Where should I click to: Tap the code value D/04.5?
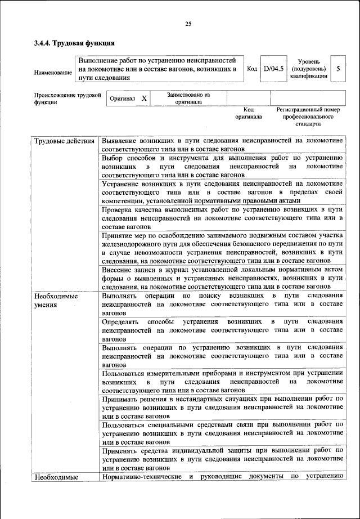point(273,69)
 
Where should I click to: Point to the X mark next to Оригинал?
point(144,99)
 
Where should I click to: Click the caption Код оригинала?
point(249,114)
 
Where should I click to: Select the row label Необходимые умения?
point(56,300)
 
